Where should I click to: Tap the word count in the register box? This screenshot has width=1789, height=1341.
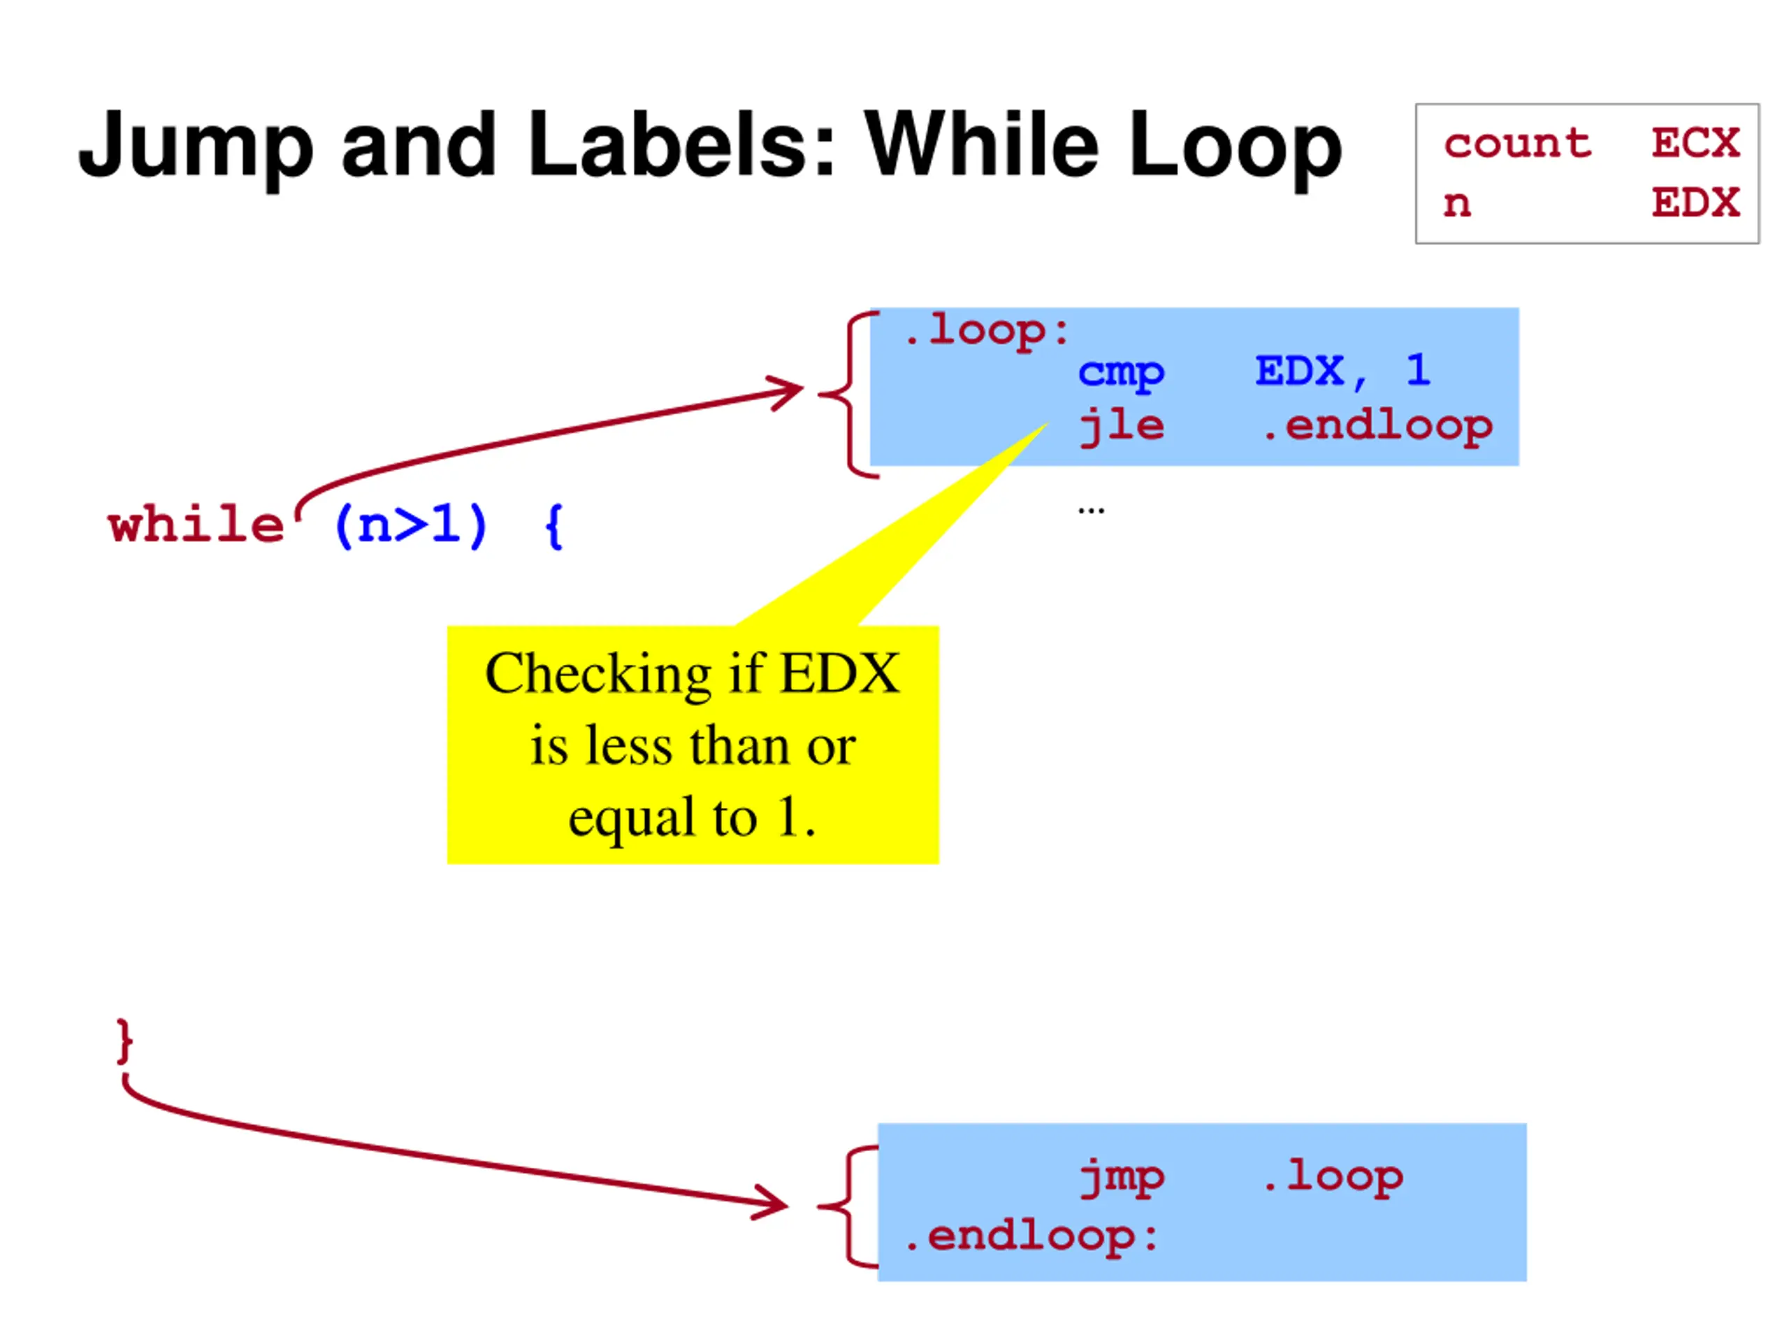[x=1517, y=143]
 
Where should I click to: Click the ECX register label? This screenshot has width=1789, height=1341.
[x=1695, y=143]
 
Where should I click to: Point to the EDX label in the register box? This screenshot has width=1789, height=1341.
[x=1695, y=203]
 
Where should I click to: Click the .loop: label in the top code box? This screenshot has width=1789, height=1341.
[x=986, y=330]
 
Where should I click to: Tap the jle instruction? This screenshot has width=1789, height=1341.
[x=1121, y=427]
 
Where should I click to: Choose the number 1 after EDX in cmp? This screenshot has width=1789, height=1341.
[x=1418, y=371]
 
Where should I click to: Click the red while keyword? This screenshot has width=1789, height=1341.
[x=196, y=525]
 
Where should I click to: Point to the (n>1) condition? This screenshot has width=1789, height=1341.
[x=410, y=525]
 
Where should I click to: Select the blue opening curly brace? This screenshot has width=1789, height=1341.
[x=554, y=527]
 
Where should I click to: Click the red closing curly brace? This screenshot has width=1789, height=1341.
[x=124, y=1041]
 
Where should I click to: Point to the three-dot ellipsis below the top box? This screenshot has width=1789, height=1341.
[x=1090, y=510]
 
